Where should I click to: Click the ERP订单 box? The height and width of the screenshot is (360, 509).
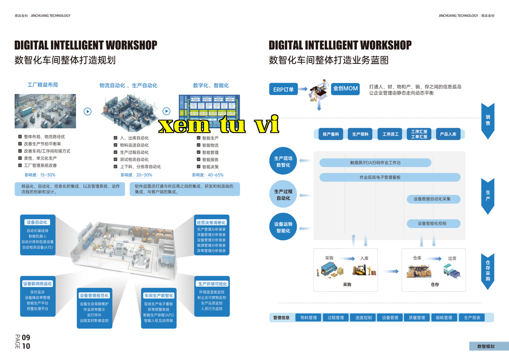(x=283, y=89)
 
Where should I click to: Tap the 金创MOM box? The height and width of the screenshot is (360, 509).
(x=345, y=89)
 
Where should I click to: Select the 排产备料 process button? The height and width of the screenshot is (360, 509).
(x=331, y=134)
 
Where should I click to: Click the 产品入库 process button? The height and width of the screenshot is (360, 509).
(x=448, y=134)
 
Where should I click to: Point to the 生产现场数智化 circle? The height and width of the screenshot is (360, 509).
(x=283, y=161)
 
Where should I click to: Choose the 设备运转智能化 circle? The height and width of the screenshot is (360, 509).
(x=283, y=227)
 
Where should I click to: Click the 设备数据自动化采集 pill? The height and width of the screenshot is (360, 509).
(x=433, y=199)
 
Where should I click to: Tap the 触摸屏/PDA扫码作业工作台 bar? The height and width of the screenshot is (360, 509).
(x=375, y=163)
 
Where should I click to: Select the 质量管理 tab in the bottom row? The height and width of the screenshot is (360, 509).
(x=417, y=318)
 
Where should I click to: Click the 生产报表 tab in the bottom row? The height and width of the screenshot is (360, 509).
(x=472, y=318)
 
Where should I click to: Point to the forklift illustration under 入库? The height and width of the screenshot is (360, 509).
(x=364, y=270)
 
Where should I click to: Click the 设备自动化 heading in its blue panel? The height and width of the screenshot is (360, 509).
(x=37, y=222)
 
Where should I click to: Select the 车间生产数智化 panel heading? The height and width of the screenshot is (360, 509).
(x=158, y=295)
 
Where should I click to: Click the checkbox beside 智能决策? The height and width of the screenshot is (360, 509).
(x=198, y=167)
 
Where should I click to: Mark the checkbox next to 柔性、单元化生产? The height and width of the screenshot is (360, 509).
(x=20, y=158)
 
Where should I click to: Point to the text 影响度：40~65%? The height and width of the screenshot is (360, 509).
(x=208, y=175)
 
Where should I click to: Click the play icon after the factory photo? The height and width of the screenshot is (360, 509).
(x=88, y=111)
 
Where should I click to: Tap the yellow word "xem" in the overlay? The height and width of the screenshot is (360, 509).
(x=184, y=125)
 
